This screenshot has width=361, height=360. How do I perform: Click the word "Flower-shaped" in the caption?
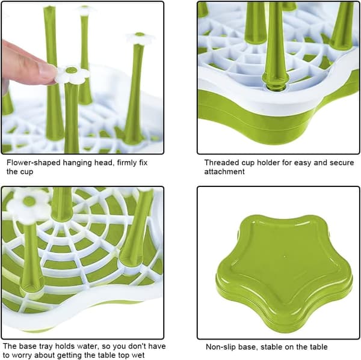[x=34, y=163]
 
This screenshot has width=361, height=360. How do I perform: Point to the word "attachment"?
[x=224, y=172]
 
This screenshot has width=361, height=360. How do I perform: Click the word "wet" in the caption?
[x=138, y=355]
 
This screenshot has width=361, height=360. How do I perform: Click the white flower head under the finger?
[x=72, y=74]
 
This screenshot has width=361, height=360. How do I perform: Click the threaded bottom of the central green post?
[x=276, y=85]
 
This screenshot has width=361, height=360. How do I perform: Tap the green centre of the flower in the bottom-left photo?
[x=29, y=201]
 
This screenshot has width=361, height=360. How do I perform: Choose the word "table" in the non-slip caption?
[x=318, y=347]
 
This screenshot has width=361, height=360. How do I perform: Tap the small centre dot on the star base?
[x=285, y=256]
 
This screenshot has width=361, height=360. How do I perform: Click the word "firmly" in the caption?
[x=126, y=163]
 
